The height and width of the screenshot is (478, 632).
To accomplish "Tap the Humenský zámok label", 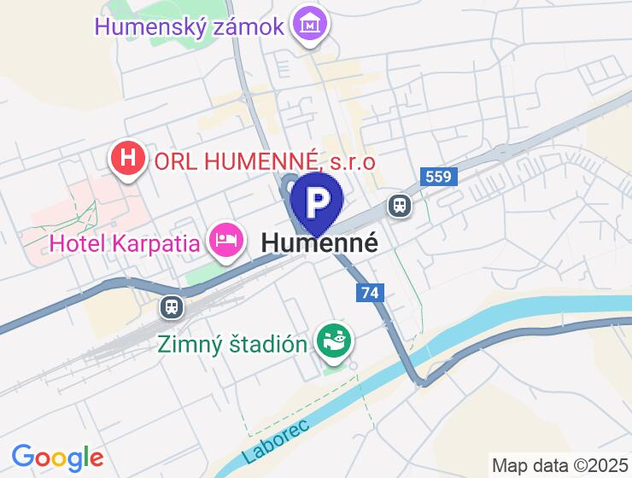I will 189,26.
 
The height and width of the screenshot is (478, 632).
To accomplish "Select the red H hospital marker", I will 128,158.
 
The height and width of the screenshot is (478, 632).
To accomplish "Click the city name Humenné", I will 319,242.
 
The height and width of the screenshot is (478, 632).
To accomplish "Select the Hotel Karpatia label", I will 126,243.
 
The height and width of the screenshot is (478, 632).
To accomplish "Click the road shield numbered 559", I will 440,178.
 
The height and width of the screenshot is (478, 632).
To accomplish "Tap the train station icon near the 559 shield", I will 399,205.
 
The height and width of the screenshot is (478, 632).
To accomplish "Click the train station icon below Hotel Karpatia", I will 172,306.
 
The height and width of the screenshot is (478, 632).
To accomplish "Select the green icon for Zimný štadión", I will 333,342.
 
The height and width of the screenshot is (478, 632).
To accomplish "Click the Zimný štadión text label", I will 232,344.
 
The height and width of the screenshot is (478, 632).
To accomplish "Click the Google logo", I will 57,458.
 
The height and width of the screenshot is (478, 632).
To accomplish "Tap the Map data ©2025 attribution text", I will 559,465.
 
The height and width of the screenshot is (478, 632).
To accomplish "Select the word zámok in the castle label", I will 245,26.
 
